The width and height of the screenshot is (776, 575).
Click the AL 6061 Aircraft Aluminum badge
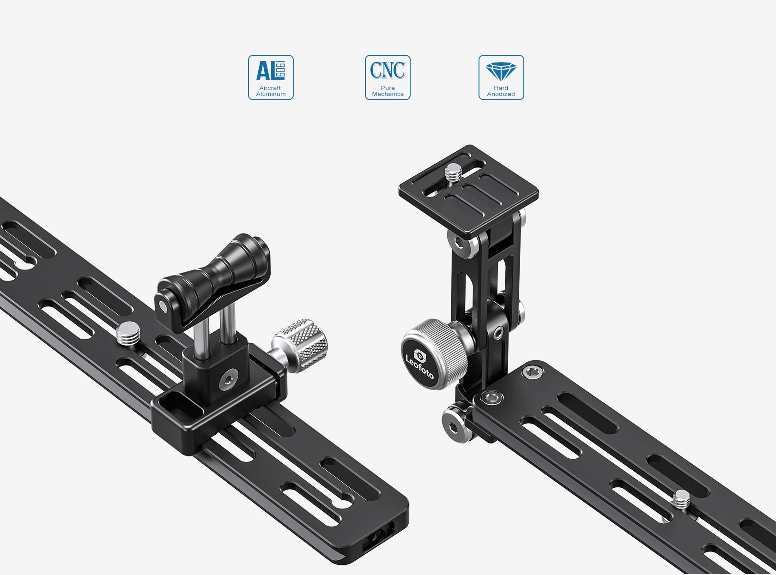pos(271,77)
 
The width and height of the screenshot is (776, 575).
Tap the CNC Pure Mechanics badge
pos(388,77)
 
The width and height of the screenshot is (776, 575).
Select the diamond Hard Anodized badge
pos(501,77)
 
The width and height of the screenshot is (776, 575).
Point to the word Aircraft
pos(270,88)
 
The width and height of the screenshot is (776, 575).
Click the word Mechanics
pos(388,94)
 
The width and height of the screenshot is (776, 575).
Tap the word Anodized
pos(501,94)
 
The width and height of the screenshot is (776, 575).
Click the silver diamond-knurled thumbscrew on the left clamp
pos(300,345)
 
